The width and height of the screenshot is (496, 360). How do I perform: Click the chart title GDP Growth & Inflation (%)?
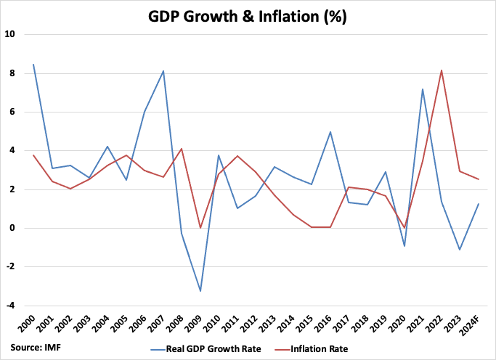248,17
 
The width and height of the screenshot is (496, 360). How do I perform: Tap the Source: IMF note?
36,348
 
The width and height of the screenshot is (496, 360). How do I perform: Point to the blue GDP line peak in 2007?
163,71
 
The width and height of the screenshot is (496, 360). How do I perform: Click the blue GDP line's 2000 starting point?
33,64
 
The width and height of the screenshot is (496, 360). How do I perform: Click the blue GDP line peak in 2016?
330,132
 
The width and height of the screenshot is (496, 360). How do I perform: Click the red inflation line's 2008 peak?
182,149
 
